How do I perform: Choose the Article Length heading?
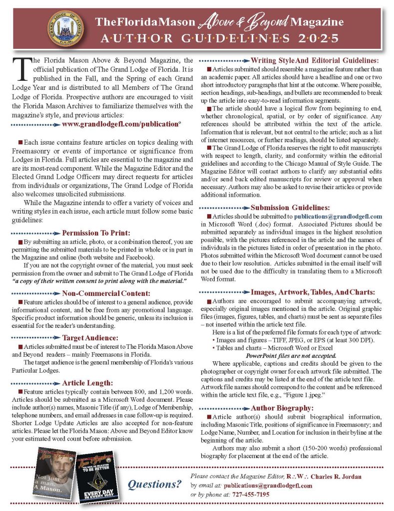pyautogui.click(x=87, y=383)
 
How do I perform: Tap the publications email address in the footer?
pyautogui.click(x=268, y=486)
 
